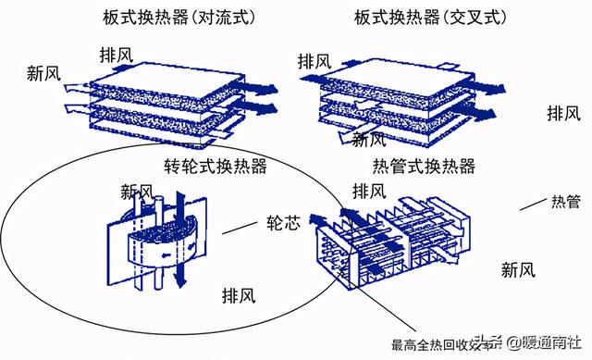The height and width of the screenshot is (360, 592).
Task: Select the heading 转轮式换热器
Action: [x=216, y=166]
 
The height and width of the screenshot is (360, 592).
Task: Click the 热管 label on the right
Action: [x=565, y=201]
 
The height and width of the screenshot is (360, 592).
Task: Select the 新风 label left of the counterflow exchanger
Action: [x=45, y=73]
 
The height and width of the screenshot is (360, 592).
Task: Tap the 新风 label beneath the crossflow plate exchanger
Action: [x=369, y=140]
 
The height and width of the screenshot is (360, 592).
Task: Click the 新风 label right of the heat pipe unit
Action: [x=519, y=270]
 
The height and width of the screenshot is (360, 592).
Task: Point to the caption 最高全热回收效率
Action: [x=435, y=345]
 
